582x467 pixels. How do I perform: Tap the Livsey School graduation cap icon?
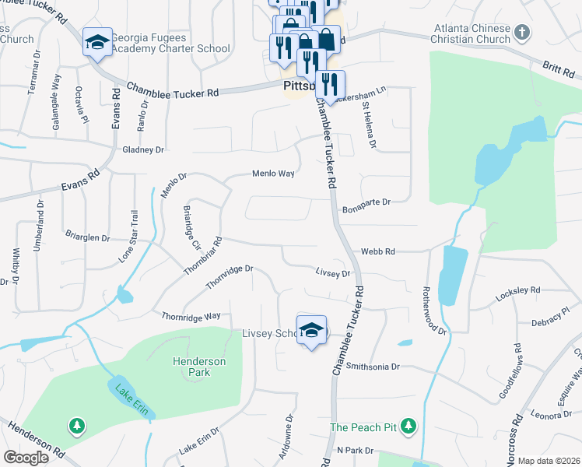pos(310,330)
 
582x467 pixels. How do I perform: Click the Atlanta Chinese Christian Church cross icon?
pos(523,33)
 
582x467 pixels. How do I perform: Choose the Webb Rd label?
pos(378,252)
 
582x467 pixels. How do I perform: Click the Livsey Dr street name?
pos(333,272)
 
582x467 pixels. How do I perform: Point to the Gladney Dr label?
pos(143,149)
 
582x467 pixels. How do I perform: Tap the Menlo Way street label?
pos(272,174)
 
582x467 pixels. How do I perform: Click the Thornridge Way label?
pos(191,316)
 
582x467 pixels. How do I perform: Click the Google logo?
pos(26,458)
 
